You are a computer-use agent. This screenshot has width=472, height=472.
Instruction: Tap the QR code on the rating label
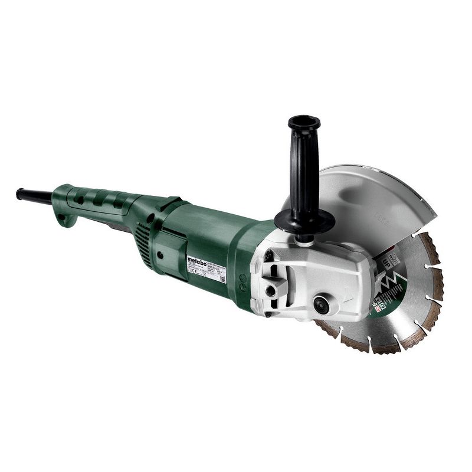coord(222,278)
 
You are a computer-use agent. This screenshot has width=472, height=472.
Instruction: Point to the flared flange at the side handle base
coord(304,223)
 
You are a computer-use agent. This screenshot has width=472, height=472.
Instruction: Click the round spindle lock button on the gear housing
coord(322,304)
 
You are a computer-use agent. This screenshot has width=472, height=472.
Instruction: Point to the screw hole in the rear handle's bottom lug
coord(67,219)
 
